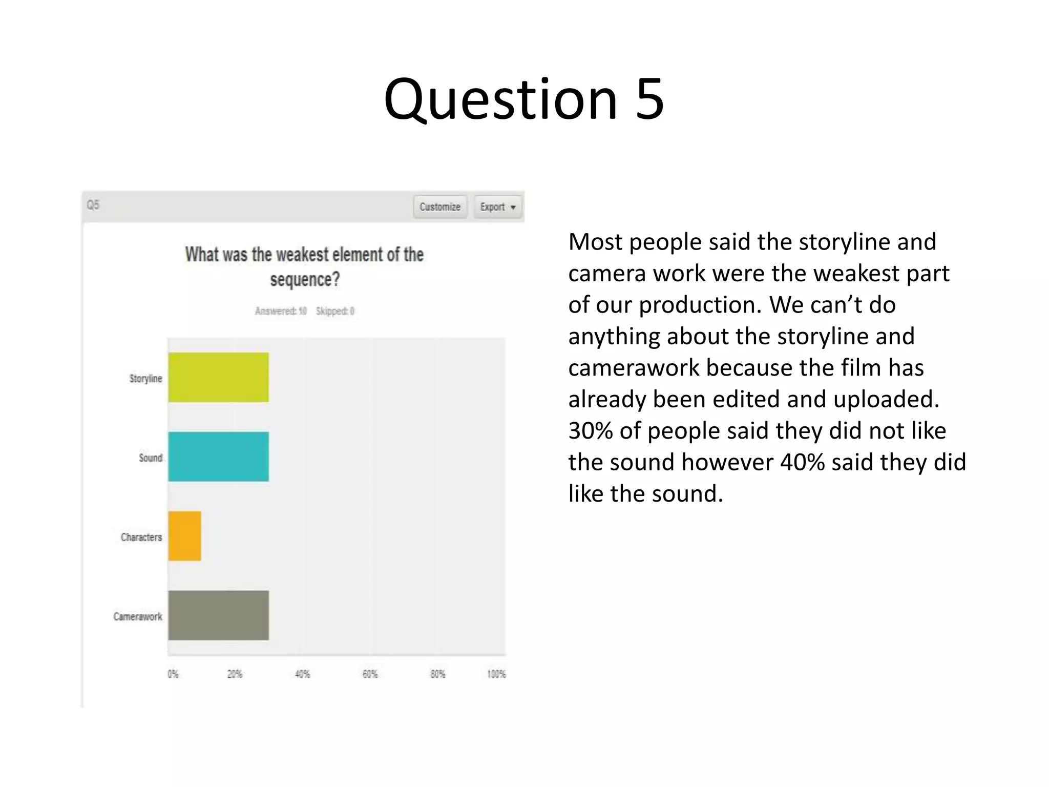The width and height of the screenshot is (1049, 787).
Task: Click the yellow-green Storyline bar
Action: click(218, 378)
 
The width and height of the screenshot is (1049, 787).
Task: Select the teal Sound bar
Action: click(218, 457)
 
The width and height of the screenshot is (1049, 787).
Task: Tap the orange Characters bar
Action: click(184, 536)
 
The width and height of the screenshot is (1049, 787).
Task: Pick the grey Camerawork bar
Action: click(218, 615)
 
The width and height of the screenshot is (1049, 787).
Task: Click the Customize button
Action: click(440, 207)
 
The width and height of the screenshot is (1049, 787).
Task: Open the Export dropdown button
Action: click(497, 207)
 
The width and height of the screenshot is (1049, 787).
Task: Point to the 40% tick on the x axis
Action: click(302, 674)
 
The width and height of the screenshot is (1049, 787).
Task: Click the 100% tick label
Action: click(496, 674)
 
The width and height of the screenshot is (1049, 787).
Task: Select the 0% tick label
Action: click(173, 674)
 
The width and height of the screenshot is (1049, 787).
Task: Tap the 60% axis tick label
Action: click(370, 674)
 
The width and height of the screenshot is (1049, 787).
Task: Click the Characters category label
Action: click(141, 537)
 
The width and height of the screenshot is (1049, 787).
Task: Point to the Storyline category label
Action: click(145, 379)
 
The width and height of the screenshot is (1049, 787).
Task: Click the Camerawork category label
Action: click(138, 616)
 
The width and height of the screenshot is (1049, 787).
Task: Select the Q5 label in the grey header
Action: click(93, 205)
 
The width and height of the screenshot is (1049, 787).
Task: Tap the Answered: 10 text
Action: click(281, 311)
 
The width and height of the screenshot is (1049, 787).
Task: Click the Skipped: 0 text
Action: click(335, 311)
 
